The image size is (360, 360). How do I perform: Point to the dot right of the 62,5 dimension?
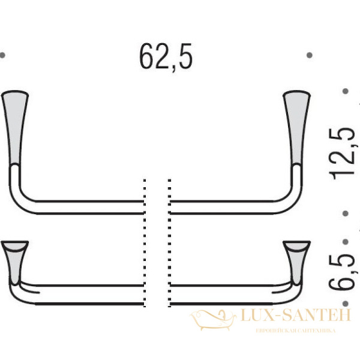(x=310, y=55)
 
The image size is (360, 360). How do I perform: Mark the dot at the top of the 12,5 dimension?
(x=346, y=92)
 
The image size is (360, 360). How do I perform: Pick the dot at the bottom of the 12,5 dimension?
(x=346, y=213)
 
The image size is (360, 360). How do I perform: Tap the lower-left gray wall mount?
(x=14, y=258)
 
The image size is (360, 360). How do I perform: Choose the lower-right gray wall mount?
(x=298, y=258)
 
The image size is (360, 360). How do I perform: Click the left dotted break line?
(x=145, y=240)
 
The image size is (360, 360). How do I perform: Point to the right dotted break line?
(x=170, y=240)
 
